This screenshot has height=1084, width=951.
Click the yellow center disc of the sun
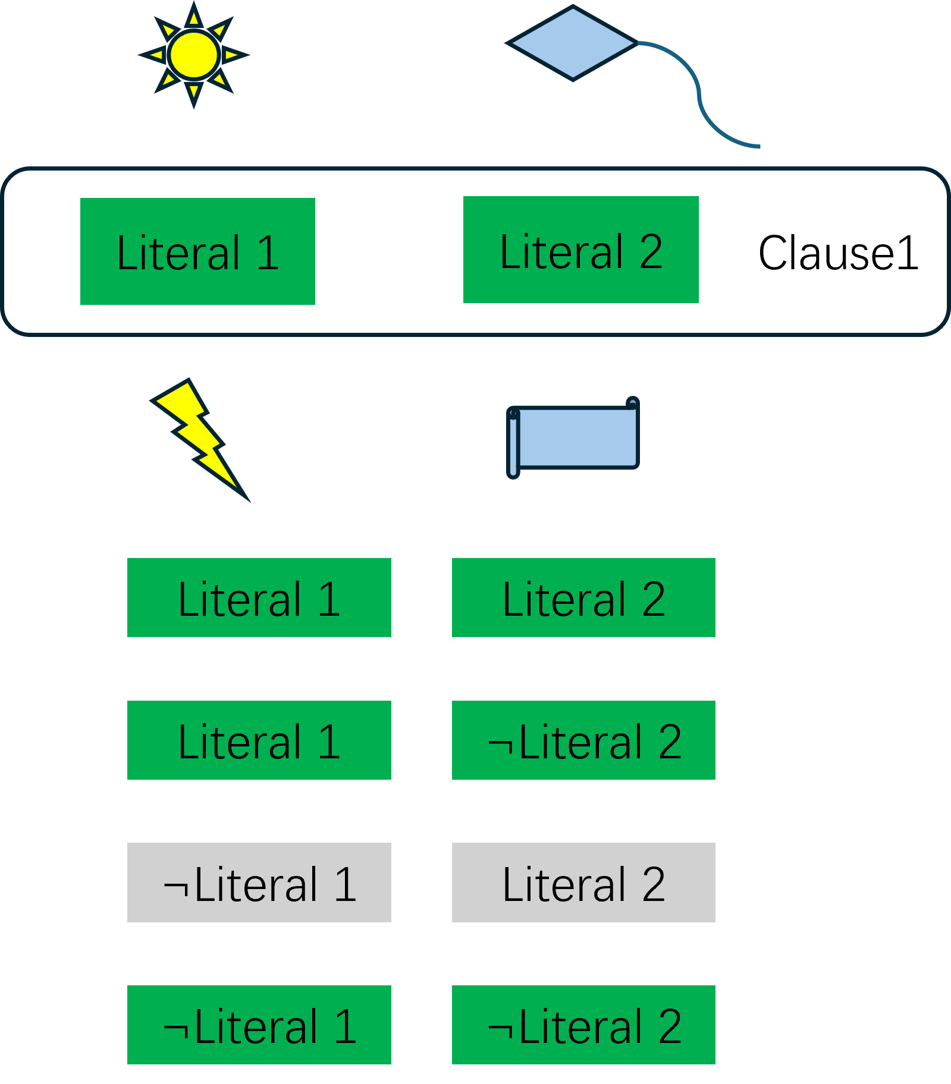[194, 55]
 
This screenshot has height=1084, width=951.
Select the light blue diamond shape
[572, 43]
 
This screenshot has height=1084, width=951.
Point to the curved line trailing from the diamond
[699, 95]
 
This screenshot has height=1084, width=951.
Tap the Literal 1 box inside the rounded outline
[197, 251]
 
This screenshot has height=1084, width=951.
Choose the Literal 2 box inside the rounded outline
[580, 250]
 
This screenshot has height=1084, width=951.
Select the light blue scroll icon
[574, 437]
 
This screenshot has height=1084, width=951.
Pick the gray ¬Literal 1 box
[259, 883]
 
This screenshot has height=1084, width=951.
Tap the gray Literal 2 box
[583, 883]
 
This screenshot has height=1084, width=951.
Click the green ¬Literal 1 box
[259, 1025]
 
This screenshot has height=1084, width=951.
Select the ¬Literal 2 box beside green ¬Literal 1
[583, 1025]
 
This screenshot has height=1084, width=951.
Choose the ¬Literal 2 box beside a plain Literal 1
[583, 740]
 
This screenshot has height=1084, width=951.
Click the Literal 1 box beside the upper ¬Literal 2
[259, 740]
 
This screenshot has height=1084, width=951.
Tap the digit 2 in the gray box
[653, 884]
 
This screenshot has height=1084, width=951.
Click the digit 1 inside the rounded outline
[268, 253]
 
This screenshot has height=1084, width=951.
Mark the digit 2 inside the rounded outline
[651, 251]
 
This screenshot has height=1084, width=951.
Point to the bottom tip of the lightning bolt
[248, 500]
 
